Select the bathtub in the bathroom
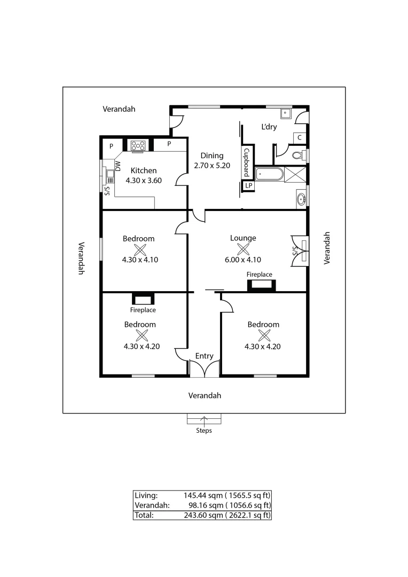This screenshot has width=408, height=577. tap(269, 174)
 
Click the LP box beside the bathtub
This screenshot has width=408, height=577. tap(248, 185)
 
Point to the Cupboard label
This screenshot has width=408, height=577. tap(247, 162)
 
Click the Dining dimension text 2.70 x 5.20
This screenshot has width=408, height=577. tap(212, 166)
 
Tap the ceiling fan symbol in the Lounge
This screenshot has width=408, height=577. tap(244, 249)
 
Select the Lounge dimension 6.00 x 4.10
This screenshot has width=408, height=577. tap(243, 260)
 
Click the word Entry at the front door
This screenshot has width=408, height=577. tap(204, 356)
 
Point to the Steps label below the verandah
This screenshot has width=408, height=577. tap(203, 431)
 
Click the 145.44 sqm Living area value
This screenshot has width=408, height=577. tap(200, 495)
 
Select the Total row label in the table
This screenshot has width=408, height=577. tap(144, 515)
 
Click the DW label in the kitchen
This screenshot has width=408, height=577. tap(118, 167)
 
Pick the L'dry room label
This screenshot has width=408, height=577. tap(269, 127)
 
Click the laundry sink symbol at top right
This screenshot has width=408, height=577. tap(286, 113)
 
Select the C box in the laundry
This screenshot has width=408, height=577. tap(300, 138)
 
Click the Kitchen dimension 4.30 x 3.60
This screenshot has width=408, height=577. tap(144, 181)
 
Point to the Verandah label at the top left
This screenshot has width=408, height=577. tap(119, 109)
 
